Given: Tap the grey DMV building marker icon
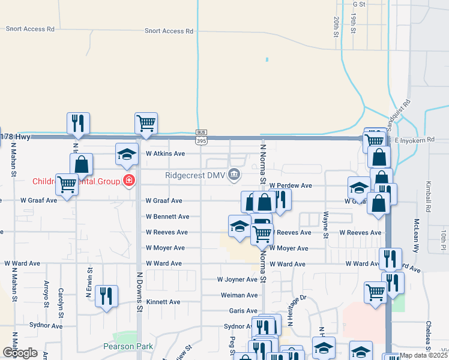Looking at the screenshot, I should tap(234, 175).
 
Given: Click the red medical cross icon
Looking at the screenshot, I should tap(128, 180).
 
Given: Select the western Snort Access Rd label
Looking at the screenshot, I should tap(30, 29).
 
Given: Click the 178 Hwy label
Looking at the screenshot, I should tap(16, 137).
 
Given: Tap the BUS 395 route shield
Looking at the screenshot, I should tap(201, 137).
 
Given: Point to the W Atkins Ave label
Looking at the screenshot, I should tap(165, 154).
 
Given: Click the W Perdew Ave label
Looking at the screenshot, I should tap(291, 186).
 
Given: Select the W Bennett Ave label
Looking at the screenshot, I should tap(167, 217).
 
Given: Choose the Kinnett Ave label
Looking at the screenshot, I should tap(163, 302).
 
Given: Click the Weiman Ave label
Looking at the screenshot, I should tap(239, 295).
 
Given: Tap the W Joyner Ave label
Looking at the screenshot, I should tap(237, 280).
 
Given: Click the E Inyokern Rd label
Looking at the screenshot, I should tap(418, 140).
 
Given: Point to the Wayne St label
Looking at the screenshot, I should tap(325, 224).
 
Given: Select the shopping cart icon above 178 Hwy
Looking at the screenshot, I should tap(146, 123).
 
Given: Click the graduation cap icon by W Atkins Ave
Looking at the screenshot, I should tap(127, 154).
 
